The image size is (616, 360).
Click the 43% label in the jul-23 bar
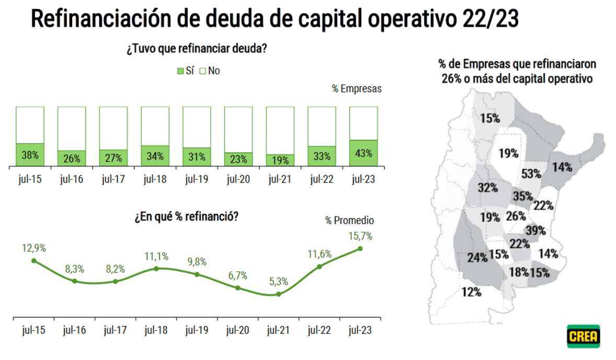(x=363, y=154)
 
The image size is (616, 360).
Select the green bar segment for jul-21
(x=280, y=160)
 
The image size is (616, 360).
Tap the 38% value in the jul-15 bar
(x=30, y=155)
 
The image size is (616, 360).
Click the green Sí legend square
(x=180, y=71)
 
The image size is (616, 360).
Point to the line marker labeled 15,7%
(x=360, y=248)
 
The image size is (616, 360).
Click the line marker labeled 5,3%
(x=279, y=294)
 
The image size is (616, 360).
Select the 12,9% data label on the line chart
(x=33, y=248)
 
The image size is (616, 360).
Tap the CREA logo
(x=583, y=336)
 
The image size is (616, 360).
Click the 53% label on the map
(x=531, y=174)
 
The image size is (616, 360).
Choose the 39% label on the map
(x=536, y=231)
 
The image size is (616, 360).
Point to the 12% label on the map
(x=471, y=292)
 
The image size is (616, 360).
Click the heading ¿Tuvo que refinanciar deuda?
(x=197, y=50)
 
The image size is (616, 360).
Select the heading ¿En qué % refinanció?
(x=187, y=216)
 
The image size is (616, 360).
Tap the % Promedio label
(x=350, y=221)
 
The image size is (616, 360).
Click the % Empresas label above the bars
(x=357, y=88)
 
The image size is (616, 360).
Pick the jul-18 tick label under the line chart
(x=156, y=330)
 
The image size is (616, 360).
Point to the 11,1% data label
(x=156, y=256)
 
